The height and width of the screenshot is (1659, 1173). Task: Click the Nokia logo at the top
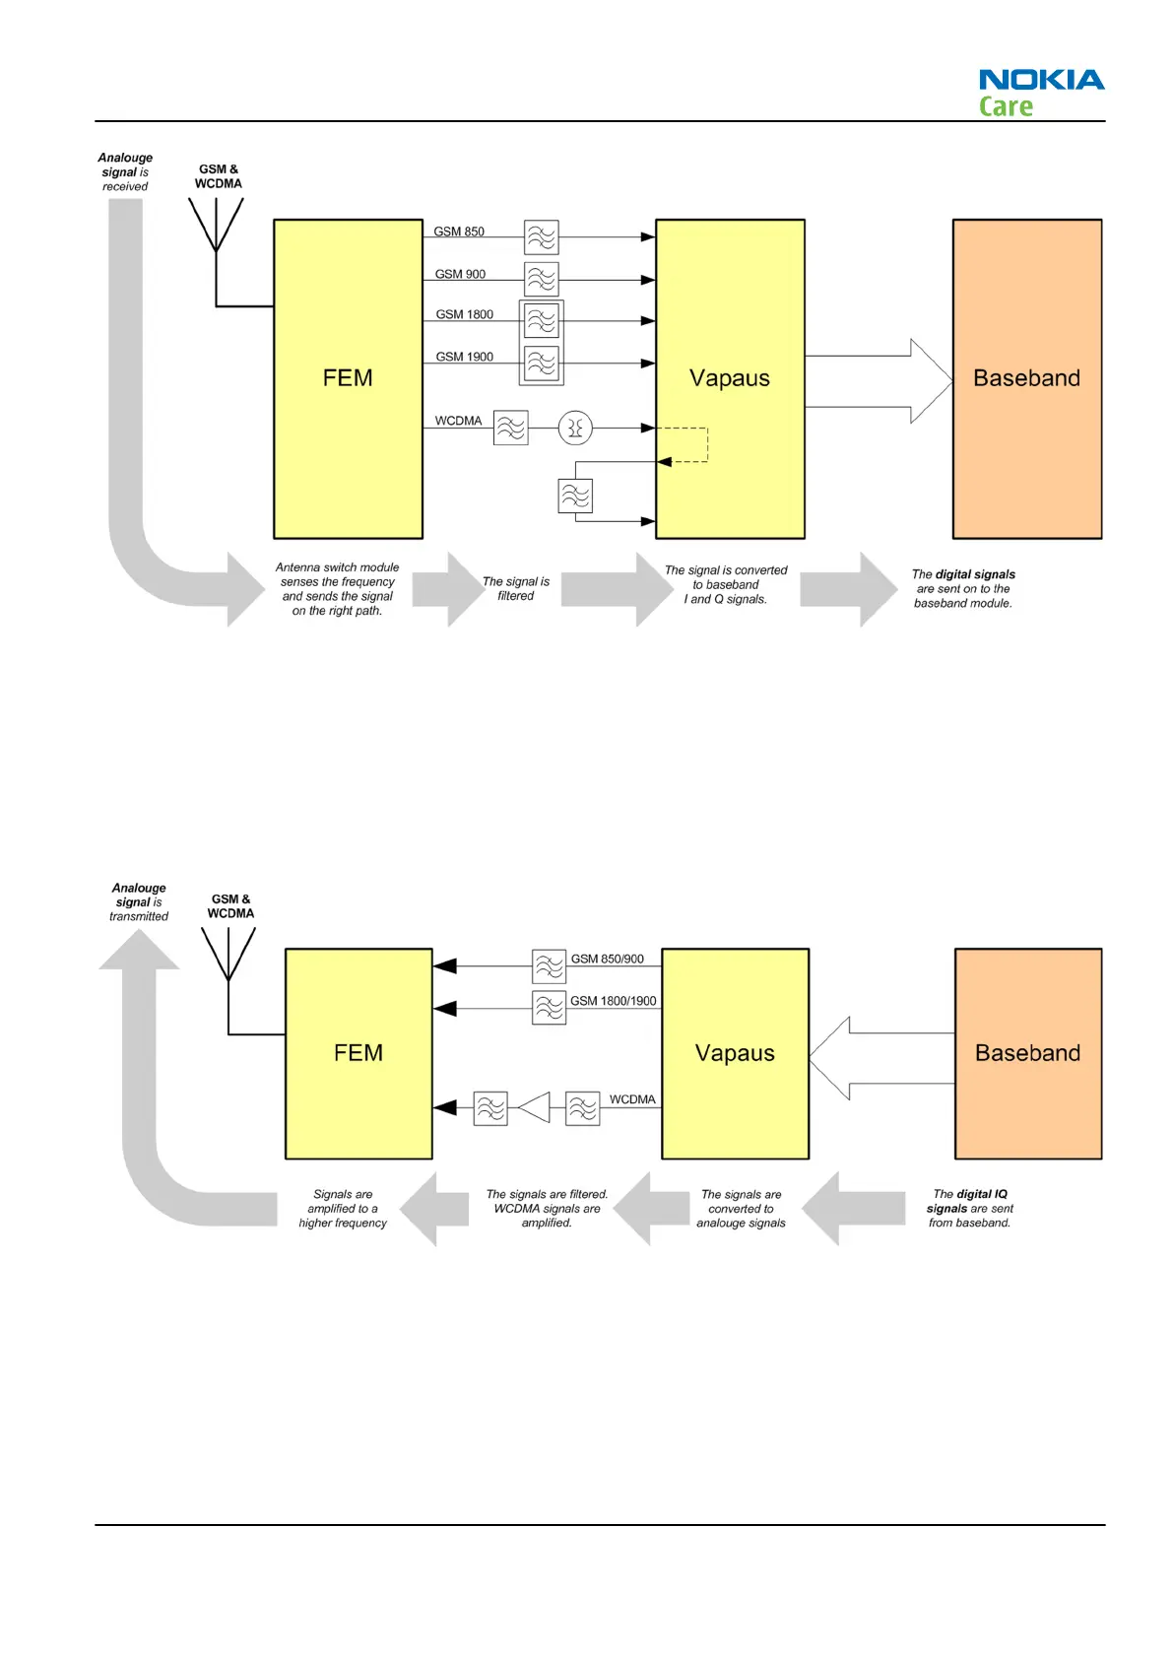coord(1041,80)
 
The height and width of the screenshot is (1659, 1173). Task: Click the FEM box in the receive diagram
coord(348,378)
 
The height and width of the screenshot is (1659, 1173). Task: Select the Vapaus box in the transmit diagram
coord(735,1053)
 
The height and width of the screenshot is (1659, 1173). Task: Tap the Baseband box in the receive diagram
coord(1026,378)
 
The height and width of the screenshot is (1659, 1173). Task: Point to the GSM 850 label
coord(459,232)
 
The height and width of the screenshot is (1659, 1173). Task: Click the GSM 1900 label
coord(464,357)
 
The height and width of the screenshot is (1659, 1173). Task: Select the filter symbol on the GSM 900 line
coord(542,279)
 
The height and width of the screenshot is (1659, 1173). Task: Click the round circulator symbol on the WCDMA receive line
coord(575,428)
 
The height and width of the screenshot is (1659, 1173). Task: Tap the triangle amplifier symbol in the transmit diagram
coord(534,1107)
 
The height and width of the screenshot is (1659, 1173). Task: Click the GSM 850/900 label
coord(607,959)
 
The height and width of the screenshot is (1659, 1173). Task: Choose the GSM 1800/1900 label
coord(613,1001)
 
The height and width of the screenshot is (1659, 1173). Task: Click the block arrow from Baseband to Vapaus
coord(881,1058)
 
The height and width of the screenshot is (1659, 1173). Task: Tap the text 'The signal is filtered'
coord(516,588)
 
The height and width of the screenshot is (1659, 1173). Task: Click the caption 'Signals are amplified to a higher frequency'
coord(343,1209)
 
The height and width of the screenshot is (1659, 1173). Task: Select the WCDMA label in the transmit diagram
coord(631,1099)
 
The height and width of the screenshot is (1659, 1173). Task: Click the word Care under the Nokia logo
coord(1006,106)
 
